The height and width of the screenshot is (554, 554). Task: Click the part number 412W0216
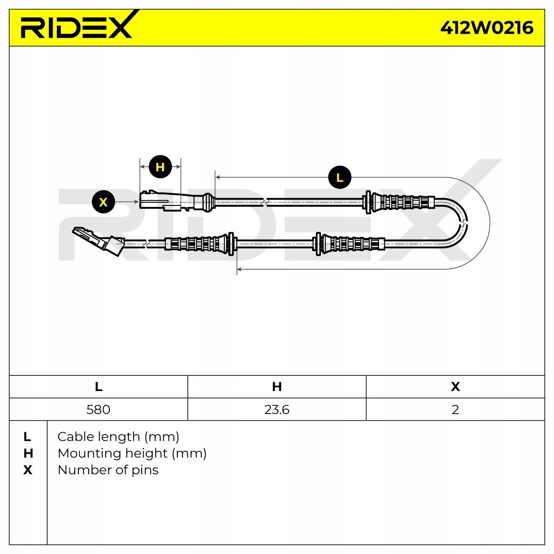click(487, 28)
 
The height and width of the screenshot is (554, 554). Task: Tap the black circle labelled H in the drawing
click(160, 167)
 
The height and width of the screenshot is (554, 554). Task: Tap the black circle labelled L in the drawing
click(340, 177)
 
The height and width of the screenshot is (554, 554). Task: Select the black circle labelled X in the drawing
click(103, 202)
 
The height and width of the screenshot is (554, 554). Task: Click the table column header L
click(98, 387)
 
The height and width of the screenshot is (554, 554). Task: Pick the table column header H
click(277, 387)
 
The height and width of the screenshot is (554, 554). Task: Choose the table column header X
click(455, 387)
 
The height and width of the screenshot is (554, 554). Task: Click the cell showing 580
click(98, 409)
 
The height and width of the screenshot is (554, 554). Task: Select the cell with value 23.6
click(277, 409)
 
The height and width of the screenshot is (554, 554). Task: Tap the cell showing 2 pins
click(455, 409)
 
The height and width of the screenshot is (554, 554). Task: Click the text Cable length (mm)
click(118, 437)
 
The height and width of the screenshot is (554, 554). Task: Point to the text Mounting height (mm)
click(132, 453)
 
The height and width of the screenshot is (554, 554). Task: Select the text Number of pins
click(108, 470)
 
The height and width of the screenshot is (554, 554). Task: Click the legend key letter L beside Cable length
click(28, 437)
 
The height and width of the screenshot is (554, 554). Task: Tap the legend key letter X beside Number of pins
click(28, 470)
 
